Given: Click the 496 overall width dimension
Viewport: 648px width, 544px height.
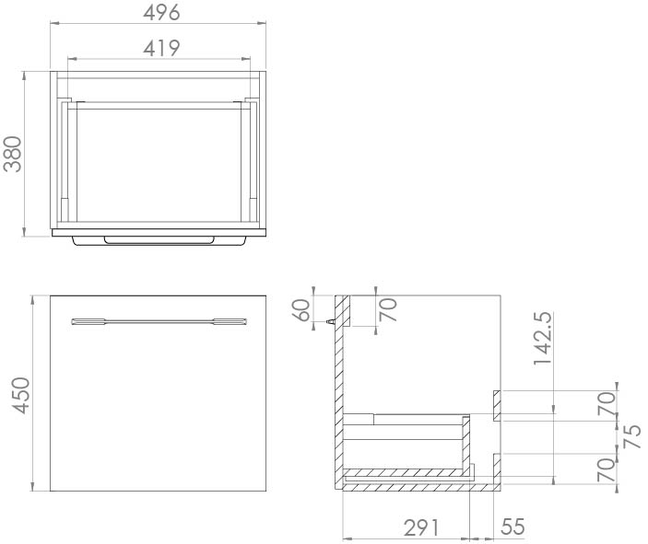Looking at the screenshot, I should [161, 12].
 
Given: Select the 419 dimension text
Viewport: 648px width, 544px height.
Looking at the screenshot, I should [161, 47].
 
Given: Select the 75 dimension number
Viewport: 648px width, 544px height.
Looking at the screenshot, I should [632, 434].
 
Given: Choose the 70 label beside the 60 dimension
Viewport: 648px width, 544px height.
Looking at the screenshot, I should [387, 310].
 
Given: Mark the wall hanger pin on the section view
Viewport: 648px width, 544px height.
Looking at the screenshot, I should [330, 323].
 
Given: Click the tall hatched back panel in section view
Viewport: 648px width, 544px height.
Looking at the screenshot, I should [339, 387].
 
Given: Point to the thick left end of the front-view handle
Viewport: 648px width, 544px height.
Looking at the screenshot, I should [88, 321].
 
